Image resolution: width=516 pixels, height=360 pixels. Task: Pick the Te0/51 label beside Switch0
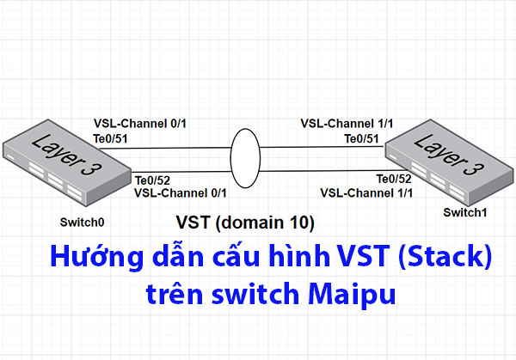pyautogui.click(x=111, y=137)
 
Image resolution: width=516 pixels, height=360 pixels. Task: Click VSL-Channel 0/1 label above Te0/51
pyautogui.click(x=138, y=124)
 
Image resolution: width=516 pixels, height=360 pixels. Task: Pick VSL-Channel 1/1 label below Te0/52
pyautogui.click(x=367, y=192)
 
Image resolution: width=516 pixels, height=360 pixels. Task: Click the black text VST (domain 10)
pyautogui.click(x=245, y=223)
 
